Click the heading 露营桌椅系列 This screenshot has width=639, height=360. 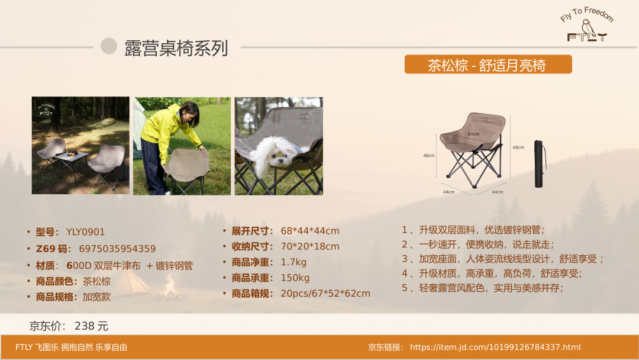pyautogui.click(x=176, y=48)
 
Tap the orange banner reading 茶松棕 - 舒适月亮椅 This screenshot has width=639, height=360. pyautogui.click(x=488, y=65)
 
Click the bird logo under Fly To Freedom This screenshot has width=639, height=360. pyautogui.click(x=588, y=31)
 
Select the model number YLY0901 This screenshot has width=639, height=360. pyautogui.click(x=86, y=232)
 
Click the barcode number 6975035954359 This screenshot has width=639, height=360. pyautogui.click(x=117, y=249)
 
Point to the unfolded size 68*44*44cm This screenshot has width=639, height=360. pyautogui.click(x=310, y=231)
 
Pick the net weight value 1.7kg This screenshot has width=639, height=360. pyautogui.click(x=293, y=262)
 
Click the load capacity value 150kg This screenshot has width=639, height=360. pyautogui.click(x=295, y=278)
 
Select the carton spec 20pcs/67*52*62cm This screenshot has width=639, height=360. pyautogui.click(x=325, y=294)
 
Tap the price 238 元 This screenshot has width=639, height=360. pyautogui.click(x=91, y=326)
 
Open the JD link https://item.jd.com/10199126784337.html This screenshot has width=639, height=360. pyautogui.click(x=495, y=348)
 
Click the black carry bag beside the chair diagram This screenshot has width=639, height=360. pyautogui.click(x=539, y=164)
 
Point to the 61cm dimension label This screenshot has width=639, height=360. pyautogui.click(x=473, y=134)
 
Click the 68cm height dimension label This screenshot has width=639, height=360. pyautogui.click(x=518, y=147)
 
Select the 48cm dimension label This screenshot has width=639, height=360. pyautogui.click(x=429, y=156)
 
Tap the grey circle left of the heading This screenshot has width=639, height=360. pyautogui.click(x=109, y=46)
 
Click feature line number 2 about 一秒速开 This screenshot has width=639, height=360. pyautogui.click(x=478, y=245)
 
